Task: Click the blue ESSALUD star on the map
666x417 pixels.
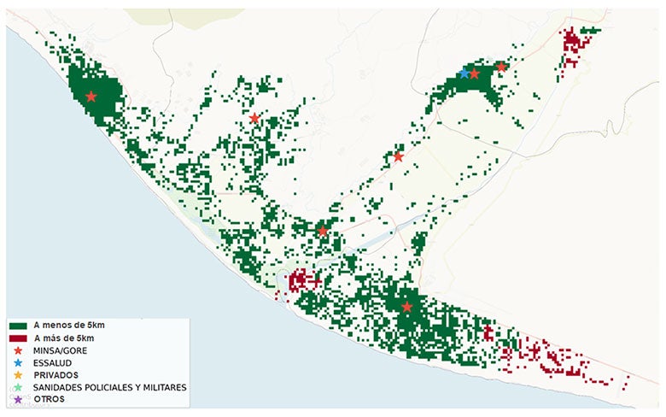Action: pos(464,73)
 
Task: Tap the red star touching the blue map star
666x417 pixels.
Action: pos(475,74)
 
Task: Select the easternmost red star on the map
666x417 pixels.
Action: pos(501,67)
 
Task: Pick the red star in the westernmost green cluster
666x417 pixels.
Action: pos(91,97)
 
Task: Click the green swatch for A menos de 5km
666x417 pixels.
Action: pos(18,326)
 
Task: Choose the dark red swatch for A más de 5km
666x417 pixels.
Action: pos(18,339)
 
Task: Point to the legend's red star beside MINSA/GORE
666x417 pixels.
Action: pos(18,351)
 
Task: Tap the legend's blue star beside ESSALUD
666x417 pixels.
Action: pos(18,363)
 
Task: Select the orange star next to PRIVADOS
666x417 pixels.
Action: pos(18,375)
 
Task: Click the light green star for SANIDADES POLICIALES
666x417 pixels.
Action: pos(18,388)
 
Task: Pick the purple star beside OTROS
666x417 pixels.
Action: pos(18,400)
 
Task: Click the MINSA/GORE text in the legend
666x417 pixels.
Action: pos(60,351)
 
